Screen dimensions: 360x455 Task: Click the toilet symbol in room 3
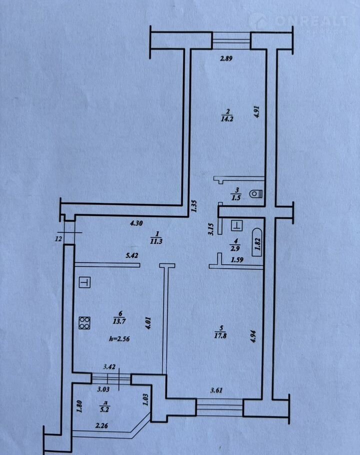[255, 193]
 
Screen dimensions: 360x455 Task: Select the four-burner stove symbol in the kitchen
[84, 323]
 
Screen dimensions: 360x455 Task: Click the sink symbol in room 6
[84, 282]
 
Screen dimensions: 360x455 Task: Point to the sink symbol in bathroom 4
[236, 225]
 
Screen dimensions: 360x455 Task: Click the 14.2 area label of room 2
[227, 118]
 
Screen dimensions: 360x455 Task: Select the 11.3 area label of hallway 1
[156, 241]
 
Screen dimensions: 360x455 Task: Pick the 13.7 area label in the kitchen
[119, 321]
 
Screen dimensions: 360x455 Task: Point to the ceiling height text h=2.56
[119, 338]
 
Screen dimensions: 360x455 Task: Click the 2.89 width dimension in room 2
[226, 58]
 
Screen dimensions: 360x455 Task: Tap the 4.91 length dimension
[256, 111]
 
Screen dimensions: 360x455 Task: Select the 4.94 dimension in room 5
[254, 336]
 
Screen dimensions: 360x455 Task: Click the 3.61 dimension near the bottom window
[216, 390]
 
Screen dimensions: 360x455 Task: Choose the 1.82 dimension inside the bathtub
[257, 243]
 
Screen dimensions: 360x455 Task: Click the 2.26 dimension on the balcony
[102, 426]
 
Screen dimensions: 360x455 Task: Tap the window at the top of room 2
[231, 40]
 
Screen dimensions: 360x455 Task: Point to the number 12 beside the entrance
[58, 239]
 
